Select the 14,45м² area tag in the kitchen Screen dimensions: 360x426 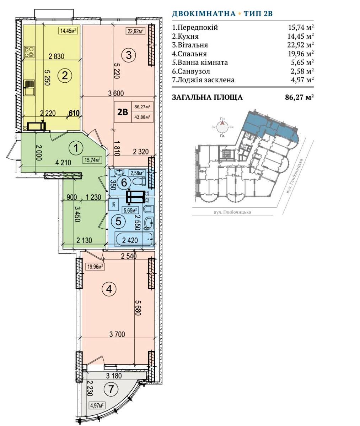click(x=68, y=31)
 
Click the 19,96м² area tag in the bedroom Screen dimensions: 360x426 click(x=95, y=267)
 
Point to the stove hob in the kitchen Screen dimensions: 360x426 click(x=29, y=52)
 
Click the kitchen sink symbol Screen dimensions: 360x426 click(x=29, y=88)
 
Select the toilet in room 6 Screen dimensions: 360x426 click(x=139, y=181)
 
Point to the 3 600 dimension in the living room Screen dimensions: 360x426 click(x=116, y=93)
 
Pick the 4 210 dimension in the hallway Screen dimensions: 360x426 click(x=63, y=163)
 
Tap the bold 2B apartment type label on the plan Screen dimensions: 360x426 click(x=123, y=112)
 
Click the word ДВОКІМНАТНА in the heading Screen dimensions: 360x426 click(x=204, y=14)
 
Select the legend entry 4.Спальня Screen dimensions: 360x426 click(x=189, y=54)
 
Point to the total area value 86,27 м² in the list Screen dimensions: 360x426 click(x=300, y=97)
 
